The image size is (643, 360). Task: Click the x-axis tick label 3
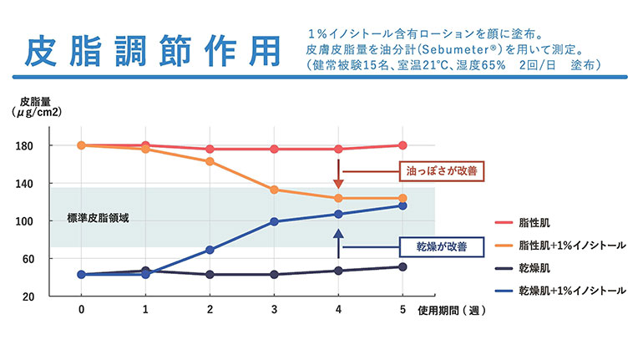pyautogui.click(x=274, y=308)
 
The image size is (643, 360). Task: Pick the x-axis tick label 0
pyautogui.click(x=81, y=308)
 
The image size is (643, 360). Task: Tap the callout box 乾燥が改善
pyautogui.click(x=435, y=246)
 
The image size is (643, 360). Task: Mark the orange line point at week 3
pyautogui.click(x=274, y=190)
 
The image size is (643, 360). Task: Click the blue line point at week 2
pyautogui.click(x=210, y=250)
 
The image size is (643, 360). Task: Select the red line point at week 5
pyautogui.click(x=403, y=145)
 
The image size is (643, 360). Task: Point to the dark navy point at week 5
pyautogui.click(x=403, y=267)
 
